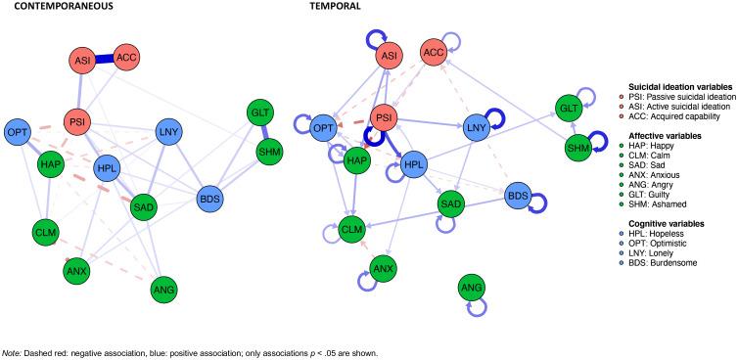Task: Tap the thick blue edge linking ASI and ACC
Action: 107,60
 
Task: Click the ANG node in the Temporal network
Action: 473,288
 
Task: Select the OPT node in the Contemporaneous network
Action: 17,131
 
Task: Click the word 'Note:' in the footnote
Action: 12,353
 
